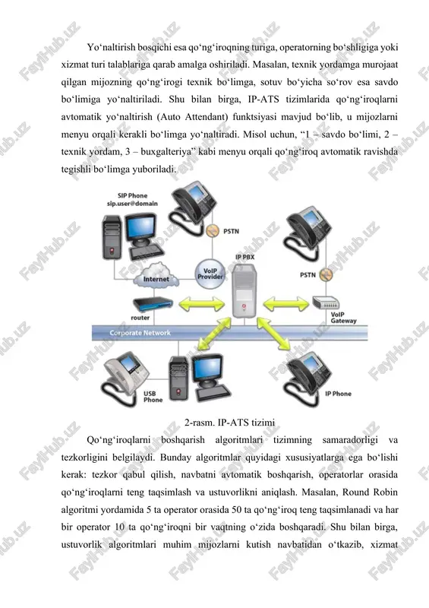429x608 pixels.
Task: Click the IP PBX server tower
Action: point(244,290)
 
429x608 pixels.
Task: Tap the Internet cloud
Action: point(156,276)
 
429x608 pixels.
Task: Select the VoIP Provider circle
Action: point(210,274)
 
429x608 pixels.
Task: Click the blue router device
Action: point(153,303)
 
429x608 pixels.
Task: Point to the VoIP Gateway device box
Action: point(326,302)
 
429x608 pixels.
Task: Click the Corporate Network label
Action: point(140,333)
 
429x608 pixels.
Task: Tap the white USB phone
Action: point(125,377)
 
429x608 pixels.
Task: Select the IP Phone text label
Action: point(338,394)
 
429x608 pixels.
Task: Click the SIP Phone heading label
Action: point(133,195)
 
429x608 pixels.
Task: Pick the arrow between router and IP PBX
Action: point(201,303)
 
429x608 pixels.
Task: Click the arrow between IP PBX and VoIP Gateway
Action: point(286,303)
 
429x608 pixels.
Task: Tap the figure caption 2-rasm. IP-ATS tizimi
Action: point(229,423)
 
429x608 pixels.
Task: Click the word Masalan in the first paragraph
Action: point(270,65)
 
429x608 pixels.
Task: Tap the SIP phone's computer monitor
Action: point(142,229)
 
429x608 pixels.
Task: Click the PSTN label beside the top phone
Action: point(231,231)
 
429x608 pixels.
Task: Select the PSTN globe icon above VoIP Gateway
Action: point(326,274)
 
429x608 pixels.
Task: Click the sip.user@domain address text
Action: point(133,203)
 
